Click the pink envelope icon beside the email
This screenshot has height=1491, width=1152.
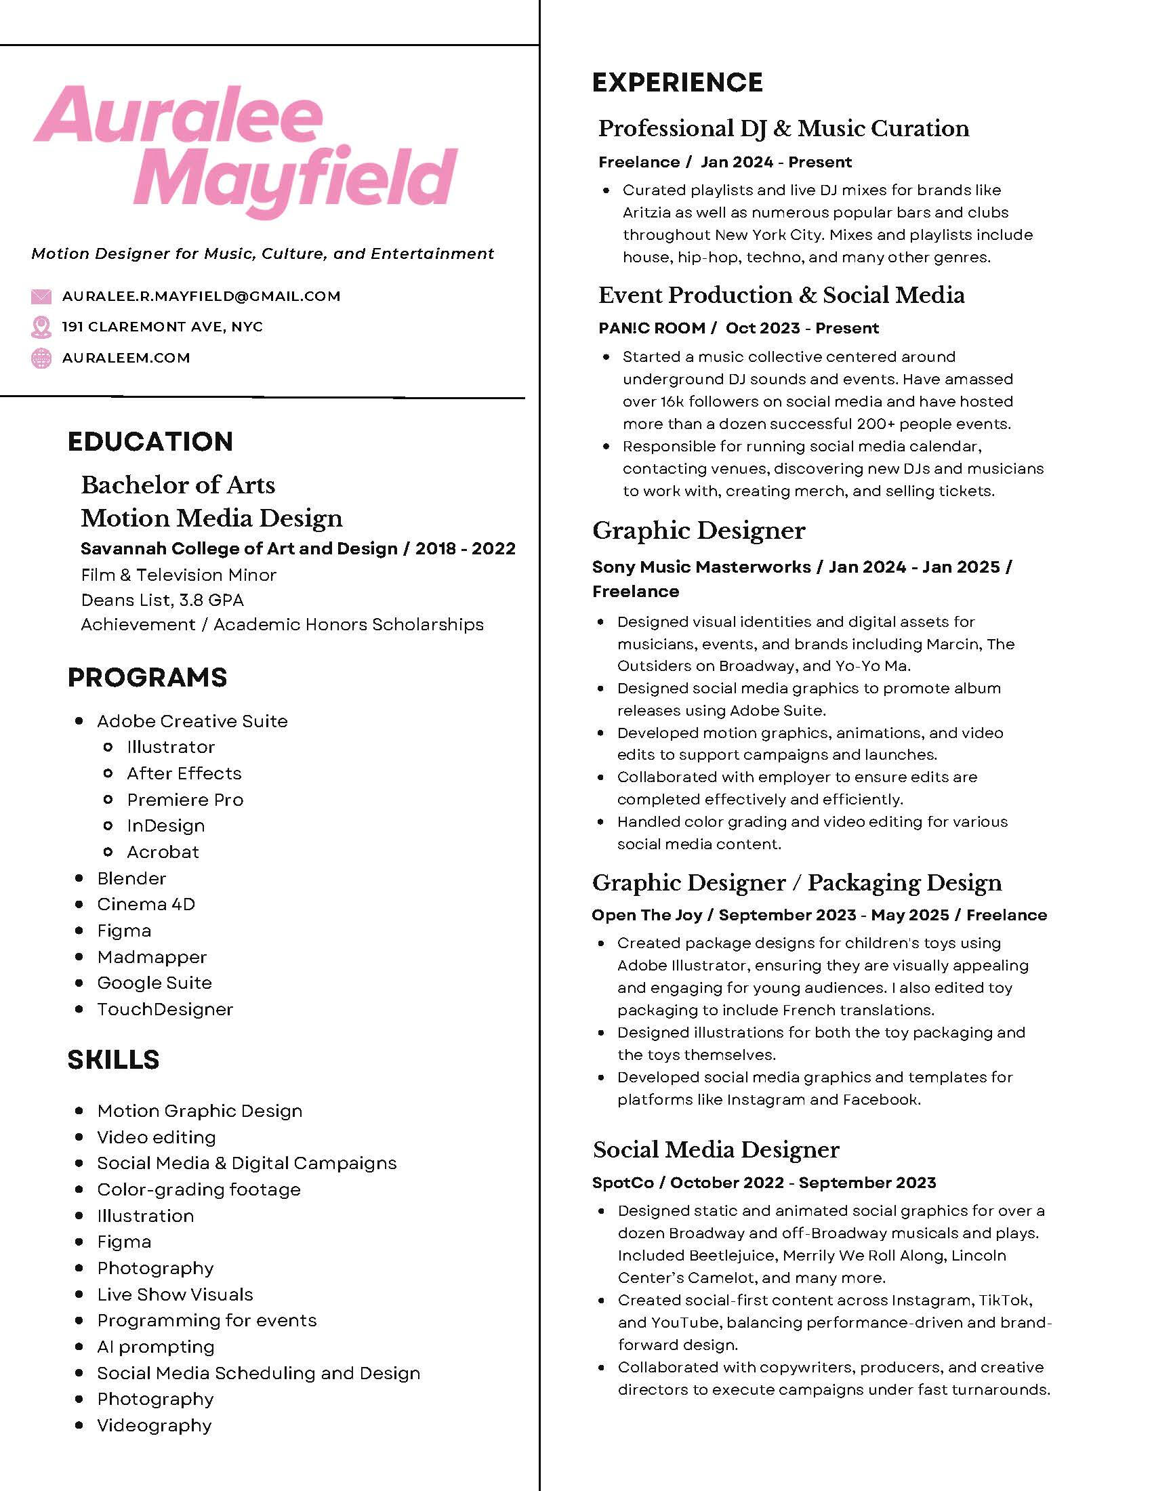pyautogui.click(x=41, y=296)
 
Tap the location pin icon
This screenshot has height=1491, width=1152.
pyautogui.click(x=41, y=327)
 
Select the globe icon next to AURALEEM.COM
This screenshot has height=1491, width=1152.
pyautogui.click(x=41, y=358)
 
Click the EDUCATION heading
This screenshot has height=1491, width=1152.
pyautogui.click(x=150, y=442)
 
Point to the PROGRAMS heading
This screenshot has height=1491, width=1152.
pyautogui.click(x=148, y=677)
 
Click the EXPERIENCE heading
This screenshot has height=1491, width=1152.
pyautogui.click(x=677, y=83)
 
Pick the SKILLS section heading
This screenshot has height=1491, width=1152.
pyautogui.click(x=113, y=1059)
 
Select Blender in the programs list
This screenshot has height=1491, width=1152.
pyautogui.click(x=131, y=878)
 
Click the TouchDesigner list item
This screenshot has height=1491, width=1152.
pyautogui.click(x=165, y=1009)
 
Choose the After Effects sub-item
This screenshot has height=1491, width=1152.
pyautogui.click(x=184, y=773)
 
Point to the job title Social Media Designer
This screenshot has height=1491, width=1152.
pyautogui.click(x=716, y=1149)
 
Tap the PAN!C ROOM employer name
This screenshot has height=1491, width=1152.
pyautogui.click(x=652, y=329)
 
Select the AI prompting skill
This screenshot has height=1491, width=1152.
pyautogui.click(x=156, y=1347)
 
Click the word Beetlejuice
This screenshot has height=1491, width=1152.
pyautogui.click(x=731, y=1255)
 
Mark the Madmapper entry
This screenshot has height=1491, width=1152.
pyautogui.click(x=152, y=957)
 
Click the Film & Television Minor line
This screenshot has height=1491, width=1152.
pyautogui.click(x=179, y=575)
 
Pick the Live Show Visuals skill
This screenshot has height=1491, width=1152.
pyautogui.click(x=175, y=1294)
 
